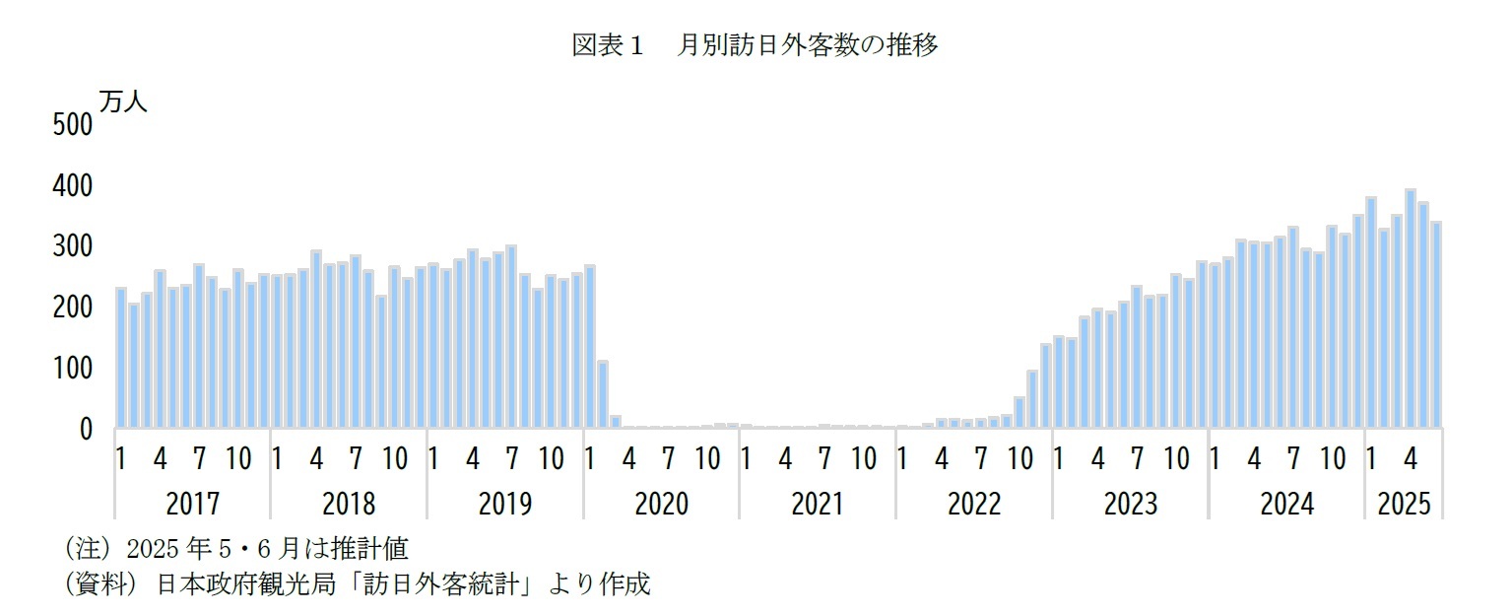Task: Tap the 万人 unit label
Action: [122, 103]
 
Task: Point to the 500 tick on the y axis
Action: [71, 125]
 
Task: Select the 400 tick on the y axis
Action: [71, 186]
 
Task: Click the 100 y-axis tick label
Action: [71, 369]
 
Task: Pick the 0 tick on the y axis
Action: [85, 430]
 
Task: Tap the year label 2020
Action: [661, 504]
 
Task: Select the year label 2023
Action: [1130, 504]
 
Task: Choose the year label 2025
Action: [1404, 504]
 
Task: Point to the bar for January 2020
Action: [589, 346]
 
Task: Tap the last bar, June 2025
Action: [1436, 324]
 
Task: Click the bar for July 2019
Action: [511, 336]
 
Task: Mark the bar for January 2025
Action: [1371, 312]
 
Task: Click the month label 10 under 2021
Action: [863, 459]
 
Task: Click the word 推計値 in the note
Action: [378, 549]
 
